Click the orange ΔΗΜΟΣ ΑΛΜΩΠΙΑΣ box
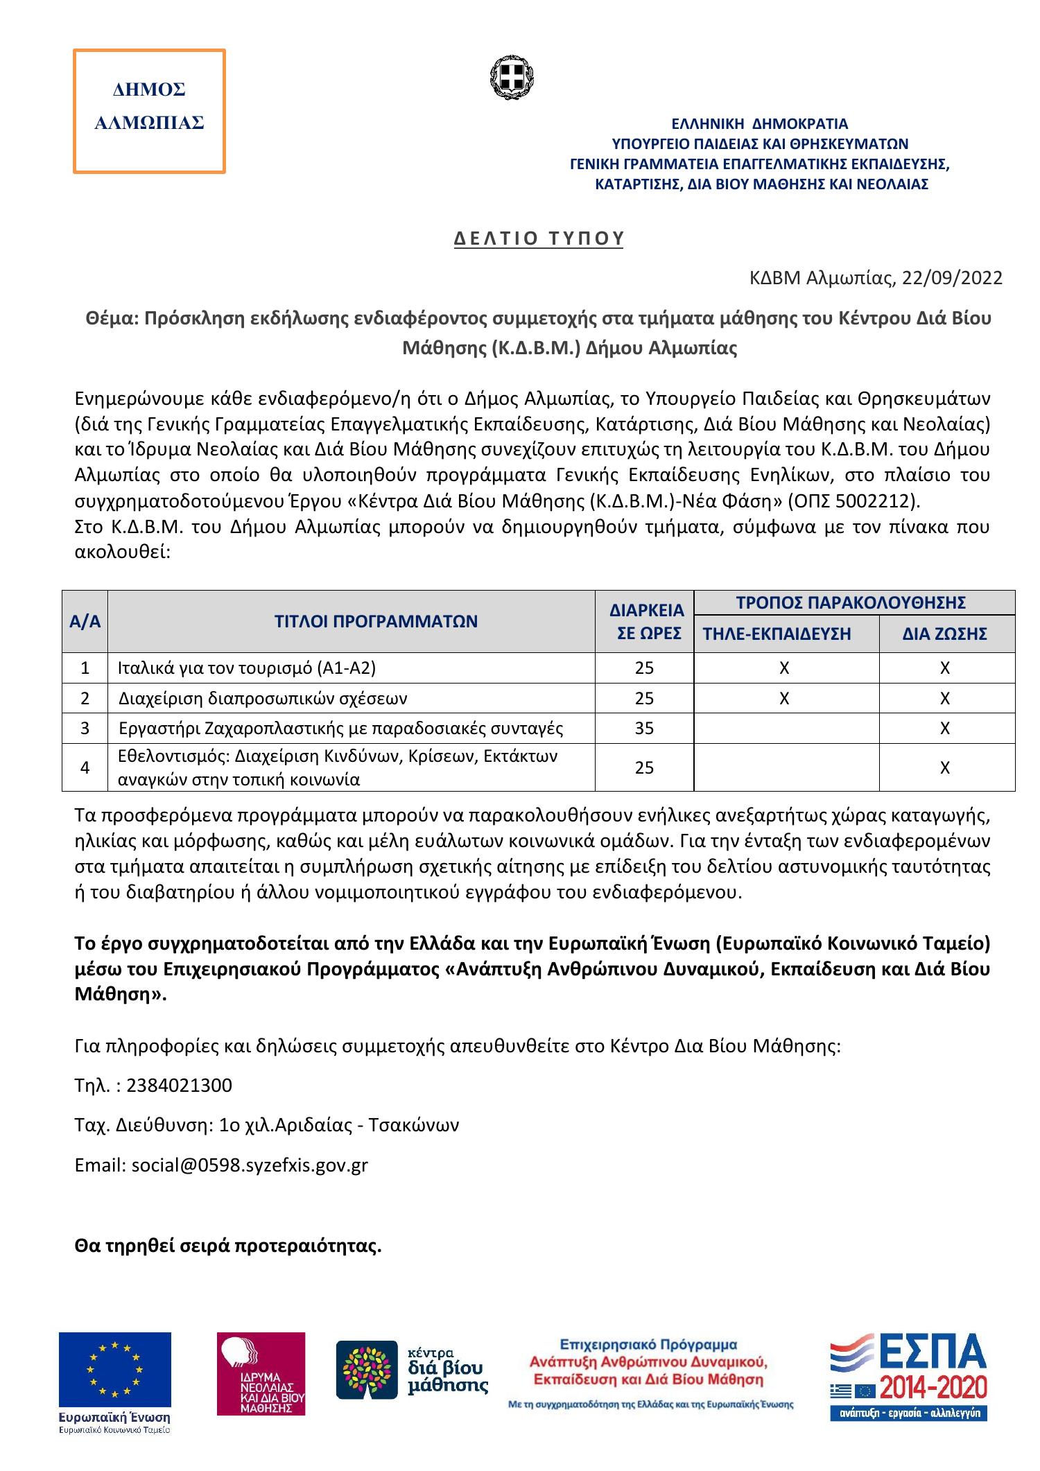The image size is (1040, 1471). point(149,110)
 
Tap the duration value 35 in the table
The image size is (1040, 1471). point(644,729)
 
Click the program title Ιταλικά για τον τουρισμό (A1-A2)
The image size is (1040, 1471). point(247,668)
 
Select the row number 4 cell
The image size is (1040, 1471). point(85,767)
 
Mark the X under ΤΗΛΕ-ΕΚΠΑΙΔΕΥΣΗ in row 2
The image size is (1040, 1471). point(783,699)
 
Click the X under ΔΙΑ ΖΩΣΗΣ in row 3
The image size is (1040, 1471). point(944,729)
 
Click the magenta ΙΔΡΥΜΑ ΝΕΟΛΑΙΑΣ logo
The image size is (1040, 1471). point(261,1373)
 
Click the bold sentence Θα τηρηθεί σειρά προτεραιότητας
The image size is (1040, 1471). point(228,1246)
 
